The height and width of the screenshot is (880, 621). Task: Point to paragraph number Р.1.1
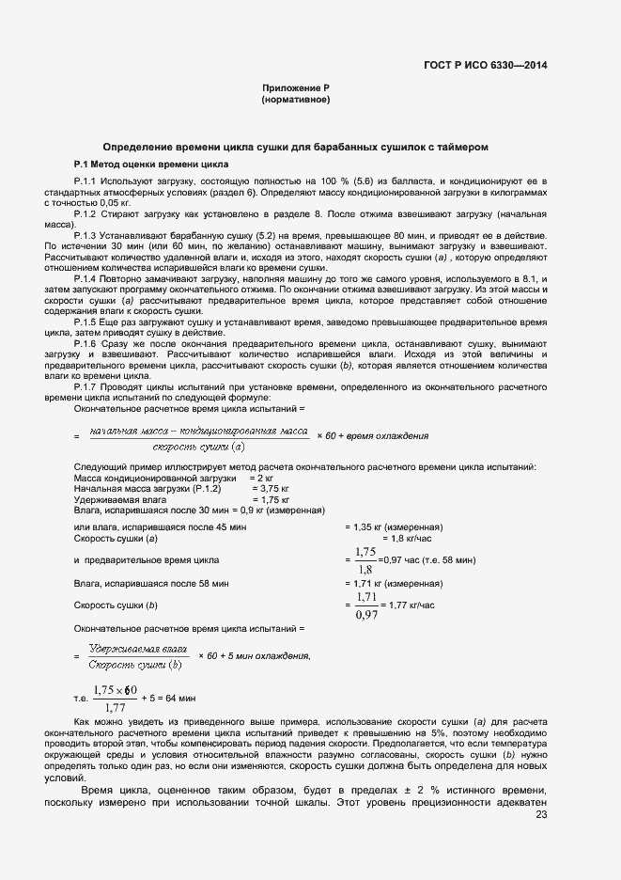click(x=85, y=179)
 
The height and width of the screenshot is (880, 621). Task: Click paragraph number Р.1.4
click(x=85, y=281)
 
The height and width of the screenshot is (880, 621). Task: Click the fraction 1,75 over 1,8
click(x=365, y=560)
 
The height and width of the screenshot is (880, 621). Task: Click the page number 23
click(x=540, y=814)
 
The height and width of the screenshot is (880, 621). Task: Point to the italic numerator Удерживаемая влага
click(x=137, y=649)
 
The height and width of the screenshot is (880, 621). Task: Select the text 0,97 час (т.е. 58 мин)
click(x=427, y=560)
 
